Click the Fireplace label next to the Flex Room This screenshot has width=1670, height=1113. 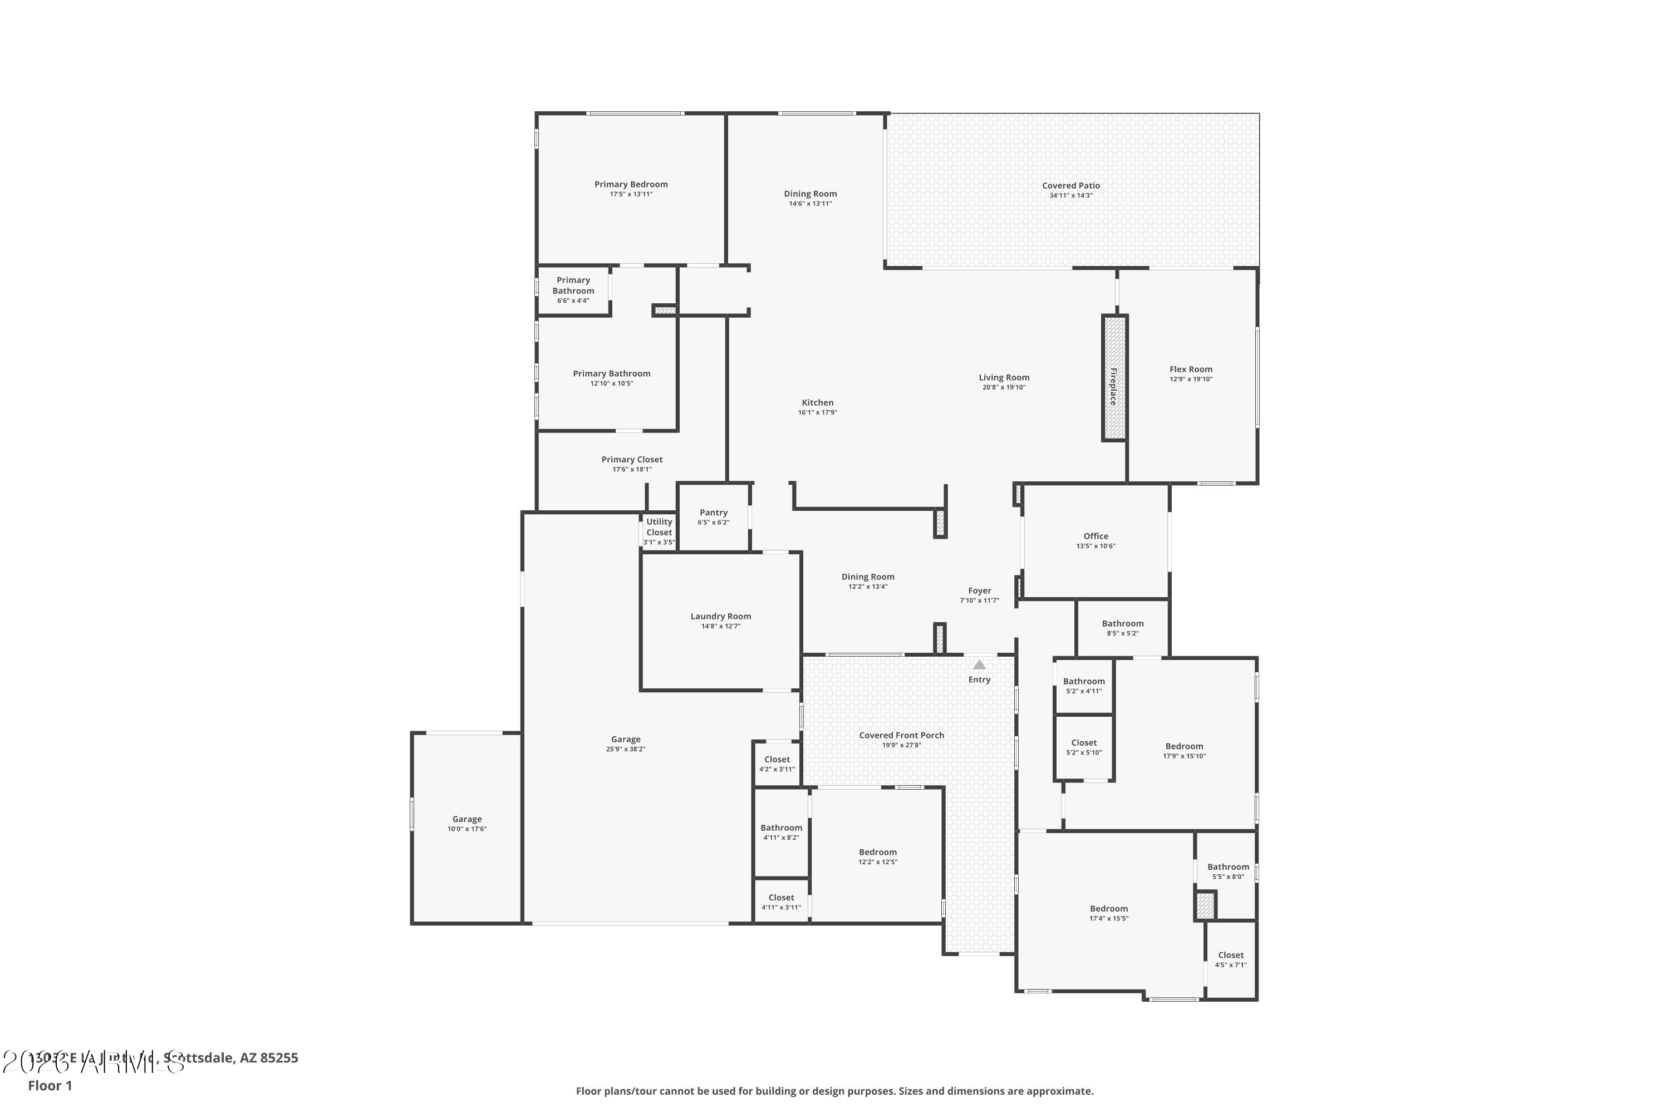tap(1113, 387)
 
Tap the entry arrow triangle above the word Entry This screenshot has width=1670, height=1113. tap(979, 665)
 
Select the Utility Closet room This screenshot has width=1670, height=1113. tap(659, 531)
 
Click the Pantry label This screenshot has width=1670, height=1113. tap(714, 513)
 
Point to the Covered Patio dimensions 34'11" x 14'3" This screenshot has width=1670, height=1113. tap(1070, 195)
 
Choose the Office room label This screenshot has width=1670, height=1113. tap(1096, 536)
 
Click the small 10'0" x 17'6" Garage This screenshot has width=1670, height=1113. tap(466, 824)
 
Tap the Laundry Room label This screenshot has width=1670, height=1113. tap(721, 616)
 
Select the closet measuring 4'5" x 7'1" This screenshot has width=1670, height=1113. tap(1230, 959)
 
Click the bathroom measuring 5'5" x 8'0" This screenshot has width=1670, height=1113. tap(1227, 871)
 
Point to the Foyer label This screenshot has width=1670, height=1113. tap(979, 590)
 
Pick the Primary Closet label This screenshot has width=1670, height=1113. tap(632, 459)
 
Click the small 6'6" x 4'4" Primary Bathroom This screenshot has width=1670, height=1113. tap(573, 289)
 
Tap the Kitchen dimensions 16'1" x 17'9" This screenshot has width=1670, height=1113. tap(817, 412)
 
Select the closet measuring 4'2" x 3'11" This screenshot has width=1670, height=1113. tap(777, 764)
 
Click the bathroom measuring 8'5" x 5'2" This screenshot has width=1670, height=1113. tap(1123, 628)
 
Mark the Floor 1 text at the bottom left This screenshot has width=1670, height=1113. tap(50, 1085)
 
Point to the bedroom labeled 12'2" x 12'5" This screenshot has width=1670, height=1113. tap(878, 857)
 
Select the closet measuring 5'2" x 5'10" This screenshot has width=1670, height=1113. tap(1083, 747)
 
